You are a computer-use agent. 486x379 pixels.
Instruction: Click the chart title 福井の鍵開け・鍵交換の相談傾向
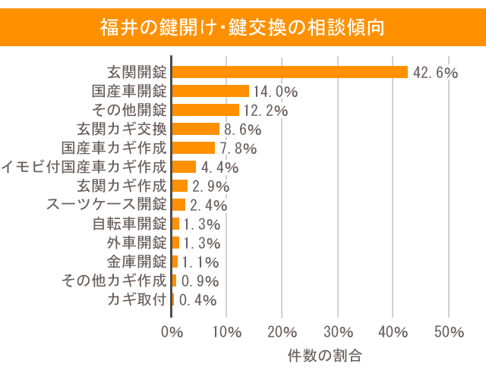(x=242, y=27)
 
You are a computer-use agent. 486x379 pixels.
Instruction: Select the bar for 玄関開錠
(x=290, y=72)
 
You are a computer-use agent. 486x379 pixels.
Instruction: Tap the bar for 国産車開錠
(x=211, y=91)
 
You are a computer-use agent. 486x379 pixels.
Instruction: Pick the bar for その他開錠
(x=206, y=110)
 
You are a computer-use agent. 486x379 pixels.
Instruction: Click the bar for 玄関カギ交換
(x=196, y=129)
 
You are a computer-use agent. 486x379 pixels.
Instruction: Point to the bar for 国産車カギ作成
(x=194, y=148)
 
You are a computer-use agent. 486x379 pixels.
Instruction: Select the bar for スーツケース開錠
(x=179, y=205)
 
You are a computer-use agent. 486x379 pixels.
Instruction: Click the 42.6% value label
(x=435, y=73)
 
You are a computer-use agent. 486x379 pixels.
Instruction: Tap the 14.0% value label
(x=276, y=92)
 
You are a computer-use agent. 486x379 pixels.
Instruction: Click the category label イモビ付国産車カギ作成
(x=84, y=167)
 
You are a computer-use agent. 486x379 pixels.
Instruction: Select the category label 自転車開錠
(x=129, y=224)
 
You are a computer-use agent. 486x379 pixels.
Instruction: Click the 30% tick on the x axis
(x=338, y=332)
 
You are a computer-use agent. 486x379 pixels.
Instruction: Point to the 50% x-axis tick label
(x=449, y=332)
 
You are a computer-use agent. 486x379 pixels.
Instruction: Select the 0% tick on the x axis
(x=172, y=332)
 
